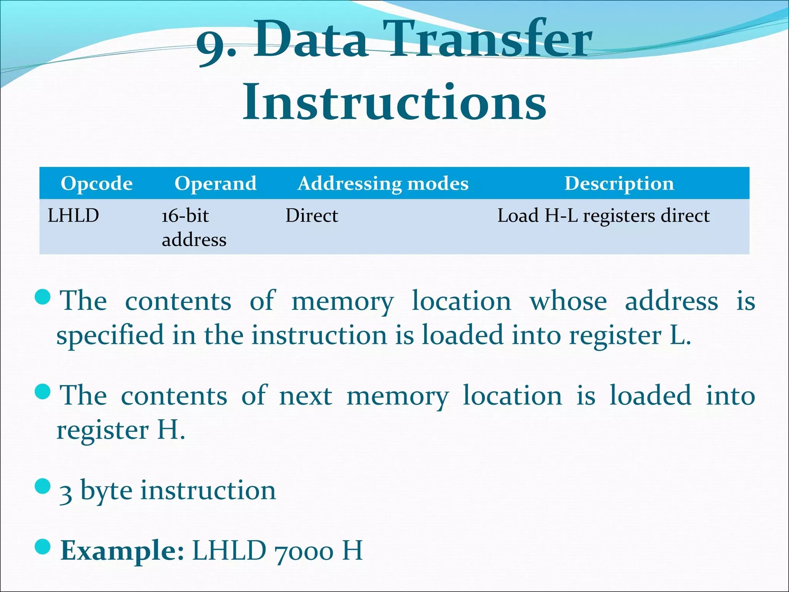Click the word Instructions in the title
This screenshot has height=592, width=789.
click(x=394, y=102)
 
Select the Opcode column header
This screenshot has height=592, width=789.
click(x=97, y=183)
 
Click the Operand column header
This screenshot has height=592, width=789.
click(x=215, y=183)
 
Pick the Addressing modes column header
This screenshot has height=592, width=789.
click(x=383, y=183)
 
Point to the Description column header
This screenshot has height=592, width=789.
click(x=619, y=183)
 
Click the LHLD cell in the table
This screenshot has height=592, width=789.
click(x=73, y=215)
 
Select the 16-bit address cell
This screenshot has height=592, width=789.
click(x=194, y=227)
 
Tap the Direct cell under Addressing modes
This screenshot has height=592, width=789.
click(x=312, y=215)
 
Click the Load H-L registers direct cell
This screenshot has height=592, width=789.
click(x=603, y=215)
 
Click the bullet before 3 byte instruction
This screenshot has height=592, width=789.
click(x=42, y=486)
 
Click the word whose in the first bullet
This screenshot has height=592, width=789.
click(x=568, y=301)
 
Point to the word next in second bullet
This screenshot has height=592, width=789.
click(x=306, y=396)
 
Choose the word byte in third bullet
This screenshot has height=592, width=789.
click(x=106, y=491)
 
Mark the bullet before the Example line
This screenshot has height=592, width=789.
click(x=42, y=546)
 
